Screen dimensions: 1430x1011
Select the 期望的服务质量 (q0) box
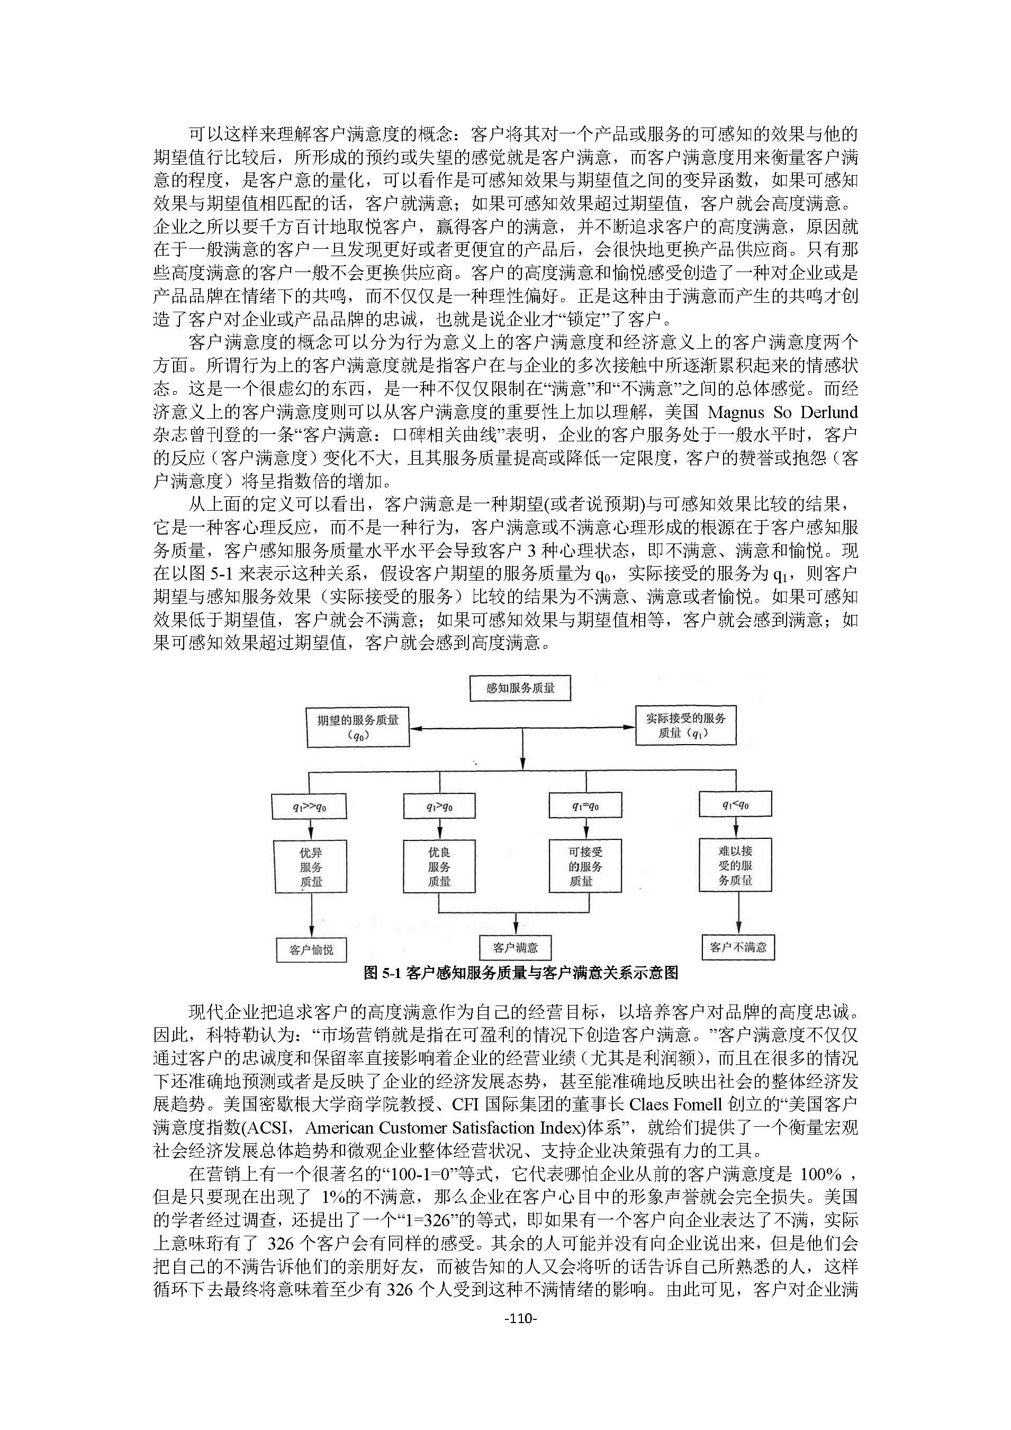point(358,727)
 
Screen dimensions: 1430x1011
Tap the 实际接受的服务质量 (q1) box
point(685,725)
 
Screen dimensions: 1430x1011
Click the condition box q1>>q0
point(310,807)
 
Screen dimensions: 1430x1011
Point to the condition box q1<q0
point(735,804)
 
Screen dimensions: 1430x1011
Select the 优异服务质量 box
point(310,867)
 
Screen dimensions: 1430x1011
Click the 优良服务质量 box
point(439,867)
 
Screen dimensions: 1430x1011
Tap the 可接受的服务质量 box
point(585,866)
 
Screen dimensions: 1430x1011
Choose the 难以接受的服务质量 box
point(735,866)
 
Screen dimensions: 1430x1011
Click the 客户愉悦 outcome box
point(311,950)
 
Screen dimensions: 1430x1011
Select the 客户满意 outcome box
point(515,947)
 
